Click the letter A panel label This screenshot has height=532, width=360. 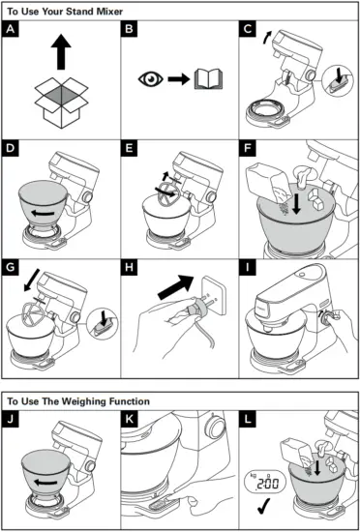(x=11, y=28)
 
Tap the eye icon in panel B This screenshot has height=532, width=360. (x=151, y=79)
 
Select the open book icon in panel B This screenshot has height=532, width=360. (x=209, y=79)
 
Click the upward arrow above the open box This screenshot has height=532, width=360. (x=61, y=52)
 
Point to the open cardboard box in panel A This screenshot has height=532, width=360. (x=61, y=103)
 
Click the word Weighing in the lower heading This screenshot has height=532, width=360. (x=81, y=401)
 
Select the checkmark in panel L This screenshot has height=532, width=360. (x=263, y=506)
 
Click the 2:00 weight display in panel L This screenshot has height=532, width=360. (x=265, y=482)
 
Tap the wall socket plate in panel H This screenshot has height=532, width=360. (x=215, y=294)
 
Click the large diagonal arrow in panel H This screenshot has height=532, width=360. (x=176, y=287)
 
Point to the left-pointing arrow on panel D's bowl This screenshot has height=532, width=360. (x=43, y=213)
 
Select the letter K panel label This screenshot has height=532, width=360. (x=129, y=419)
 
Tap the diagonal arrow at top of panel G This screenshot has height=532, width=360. (x=32, y=281)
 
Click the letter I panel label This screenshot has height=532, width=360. (x=248, y=267)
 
